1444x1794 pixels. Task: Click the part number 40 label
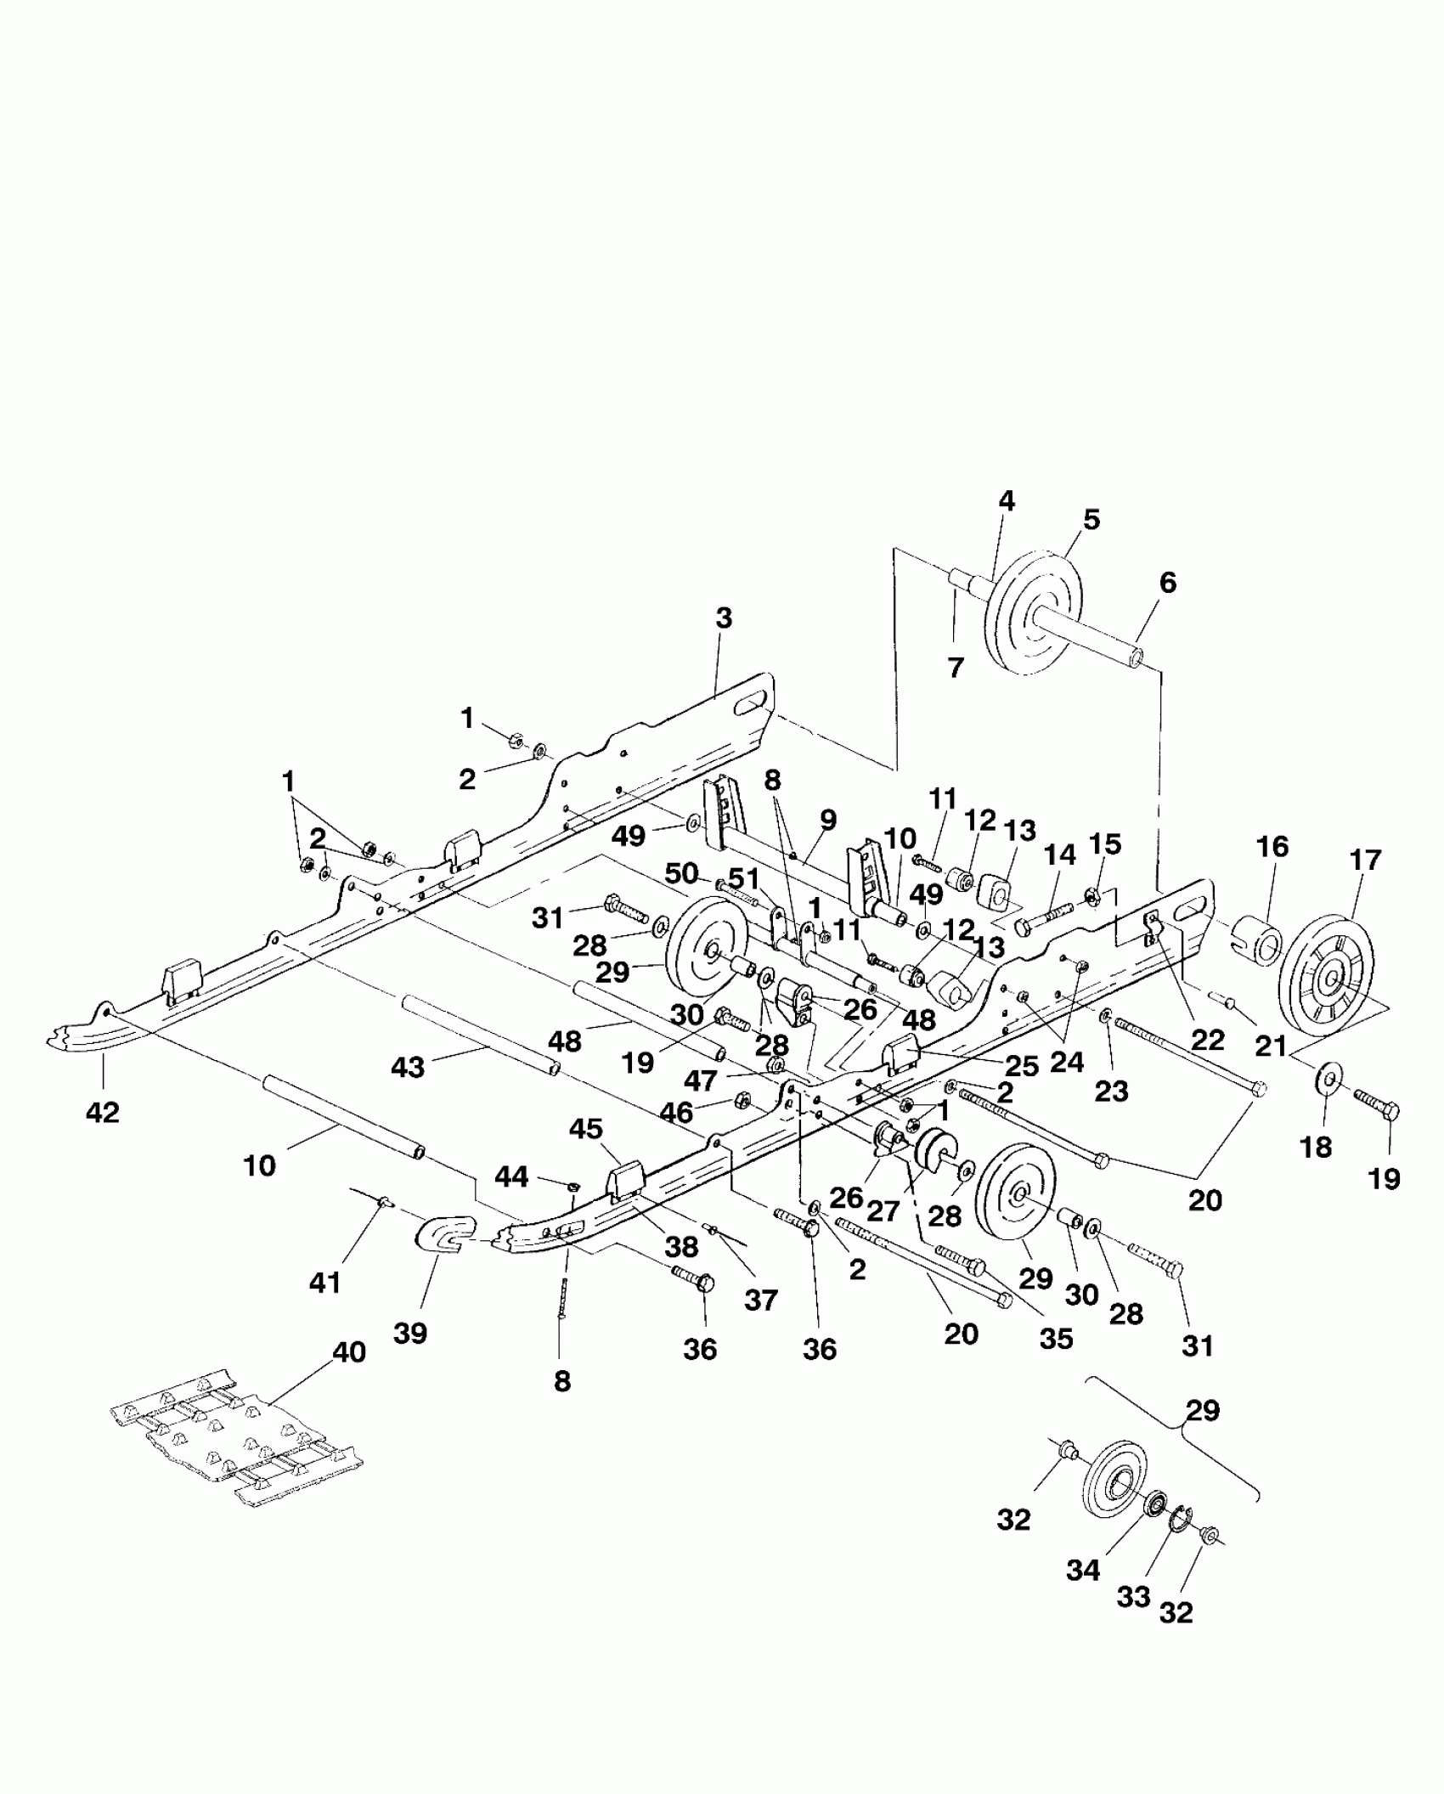348,1352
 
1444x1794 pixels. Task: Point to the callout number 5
1091,519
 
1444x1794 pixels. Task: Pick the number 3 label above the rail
723,618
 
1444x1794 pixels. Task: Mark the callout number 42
103,1111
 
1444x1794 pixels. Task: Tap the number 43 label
407,1067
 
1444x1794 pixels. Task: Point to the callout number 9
828,820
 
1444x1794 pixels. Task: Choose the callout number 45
585,1129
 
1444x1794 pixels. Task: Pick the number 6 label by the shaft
1168,583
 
